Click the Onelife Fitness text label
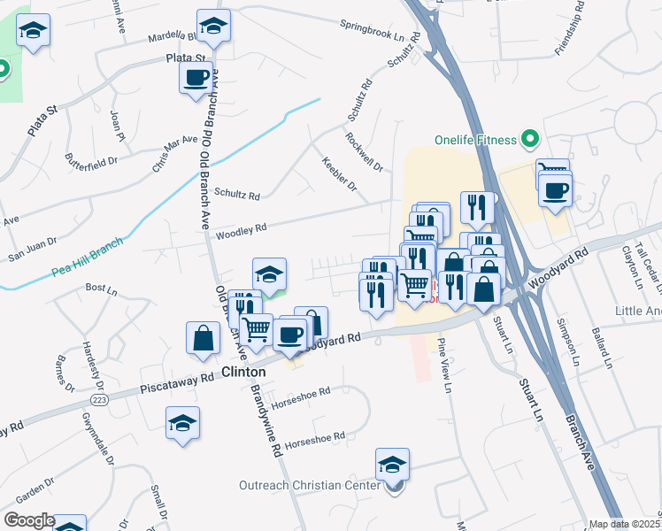(475, 140)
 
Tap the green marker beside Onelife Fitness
(530, 139)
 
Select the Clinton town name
(243, 373)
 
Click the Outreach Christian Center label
(309, 485)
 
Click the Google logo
(29, 520)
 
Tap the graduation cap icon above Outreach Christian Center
(392, 464)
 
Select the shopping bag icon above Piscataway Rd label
(203, 337)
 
